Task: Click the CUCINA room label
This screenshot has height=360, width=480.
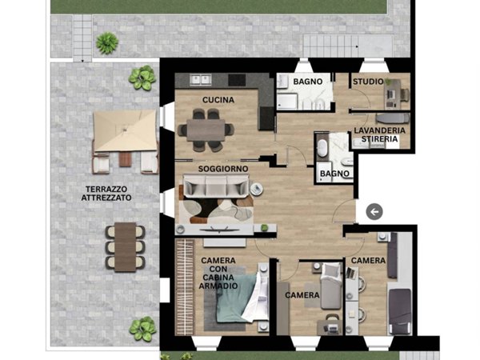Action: (x=218, y=100)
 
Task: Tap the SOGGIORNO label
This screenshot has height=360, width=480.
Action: (x=223, y=169)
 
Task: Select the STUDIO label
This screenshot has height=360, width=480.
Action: (x=368, y=82)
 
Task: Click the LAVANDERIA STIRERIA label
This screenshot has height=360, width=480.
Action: (x=379, y=134)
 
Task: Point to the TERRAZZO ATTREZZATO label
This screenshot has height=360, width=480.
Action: (x=106, y=194)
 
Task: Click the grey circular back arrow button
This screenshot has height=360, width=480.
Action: (x=374, y=211)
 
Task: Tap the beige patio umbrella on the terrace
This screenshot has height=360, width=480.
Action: (x=126, y=130)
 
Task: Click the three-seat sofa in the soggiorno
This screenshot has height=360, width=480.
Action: (x=216, y=186)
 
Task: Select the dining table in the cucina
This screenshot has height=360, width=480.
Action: (x=206, y=130)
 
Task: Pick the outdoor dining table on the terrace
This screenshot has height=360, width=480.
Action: (x=126, y=247)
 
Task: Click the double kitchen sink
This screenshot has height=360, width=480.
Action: (x=201, y=79)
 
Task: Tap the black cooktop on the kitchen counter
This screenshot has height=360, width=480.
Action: (x=237, y=80)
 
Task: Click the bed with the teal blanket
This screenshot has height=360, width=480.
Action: (x=238, y=297)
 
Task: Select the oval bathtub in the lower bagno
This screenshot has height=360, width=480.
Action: (x=322, y=149)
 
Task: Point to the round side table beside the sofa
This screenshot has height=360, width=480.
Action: (x=256, y=189)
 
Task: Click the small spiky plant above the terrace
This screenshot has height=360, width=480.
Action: (x=107, y=43)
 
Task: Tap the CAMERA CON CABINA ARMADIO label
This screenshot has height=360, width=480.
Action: (x=218, y=273)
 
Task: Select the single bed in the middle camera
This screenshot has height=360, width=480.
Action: (x=330, y=286)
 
